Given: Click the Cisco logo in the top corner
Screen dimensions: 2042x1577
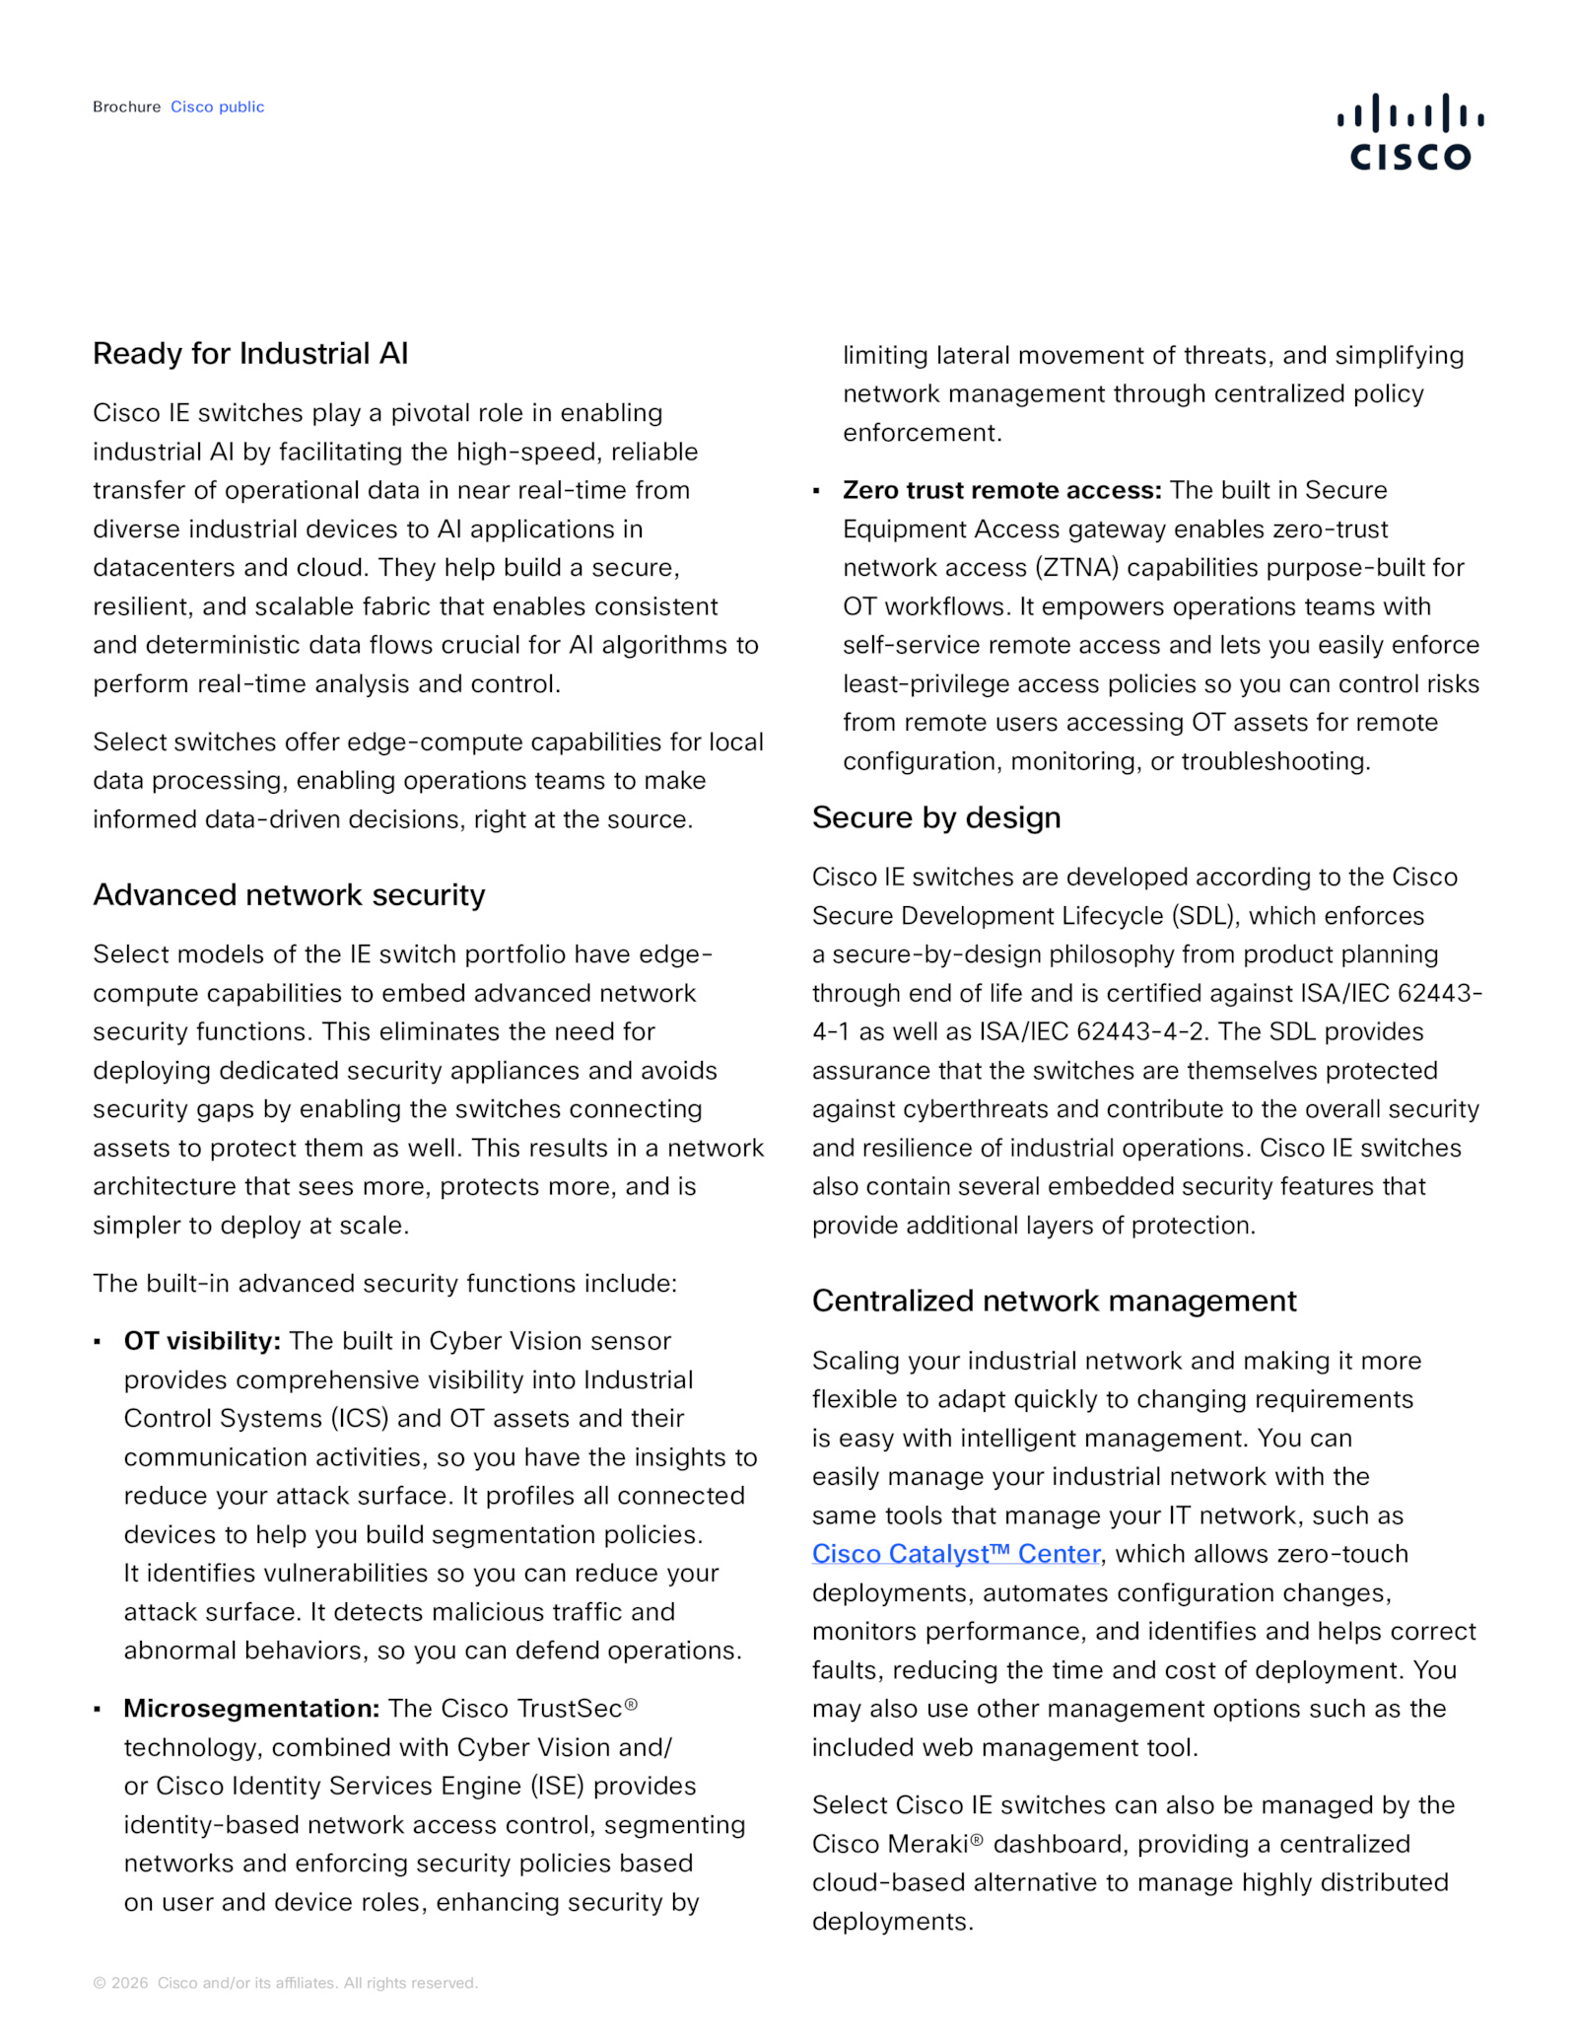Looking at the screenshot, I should (x=1409, y=132).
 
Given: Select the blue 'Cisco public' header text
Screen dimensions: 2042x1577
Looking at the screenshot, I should (x=217, y=106).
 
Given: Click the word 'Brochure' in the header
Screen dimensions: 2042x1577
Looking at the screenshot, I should (x=126, y=106).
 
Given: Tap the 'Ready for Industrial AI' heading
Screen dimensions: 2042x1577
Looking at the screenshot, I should (x=250, y=353).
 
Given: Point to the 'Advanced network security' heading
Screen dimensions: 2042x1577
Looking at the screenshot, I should (x=289, y=894).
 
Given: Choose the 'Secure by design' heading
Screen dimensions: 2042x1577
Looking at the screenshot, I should (x=935, y=817).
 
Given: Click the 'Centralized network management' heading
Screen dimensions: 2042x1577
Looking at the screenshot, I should (x=1054, y=1301).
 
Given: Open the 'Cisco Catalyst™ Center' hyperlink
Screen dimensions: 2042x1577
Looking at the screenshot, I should (x=955, y=1554).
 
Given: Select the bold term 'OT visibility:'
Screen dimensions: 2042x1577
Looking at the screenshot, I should (x=202, y=1341).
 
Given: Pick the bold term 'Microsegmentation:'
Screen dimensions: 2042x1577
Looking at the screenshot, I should (x=251, y=1709).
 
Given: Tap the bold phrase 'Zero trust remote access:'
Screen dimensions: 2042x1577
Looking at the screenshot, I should (x=1001, y=490).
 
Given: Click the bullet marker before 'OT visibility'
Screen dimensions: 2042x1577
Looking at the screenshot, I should (x=98, y=1342).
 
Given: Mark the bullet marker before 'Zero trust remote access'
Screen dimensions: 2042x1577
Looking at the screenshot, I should (x=816, y=491).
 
